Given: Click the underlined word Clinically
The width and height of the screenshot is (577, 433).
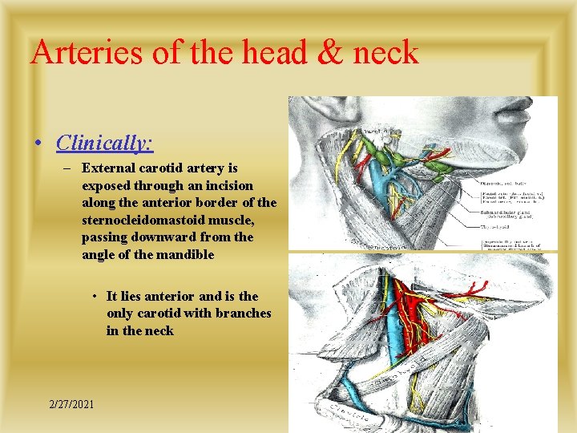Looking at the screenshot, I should click(x=104, y=143).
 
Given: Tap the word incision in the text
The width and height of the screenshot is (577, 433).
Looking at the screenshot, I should click(x=224, y=185).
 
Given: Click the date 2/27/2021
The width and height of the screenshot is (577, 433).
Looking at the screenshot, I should click(x=71, y=403).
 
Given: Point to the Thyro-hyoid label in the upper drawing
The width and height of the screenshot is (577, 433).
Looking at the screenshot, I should click(x=497, y=226).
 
